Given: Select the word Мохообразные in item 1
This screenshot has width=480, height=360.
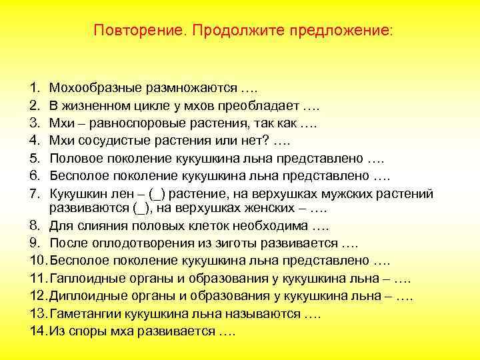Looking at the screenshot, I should [x=95, y=88].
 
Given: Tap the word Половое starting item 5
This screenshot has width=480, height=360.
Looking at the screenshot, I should [x=76, y=159].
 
